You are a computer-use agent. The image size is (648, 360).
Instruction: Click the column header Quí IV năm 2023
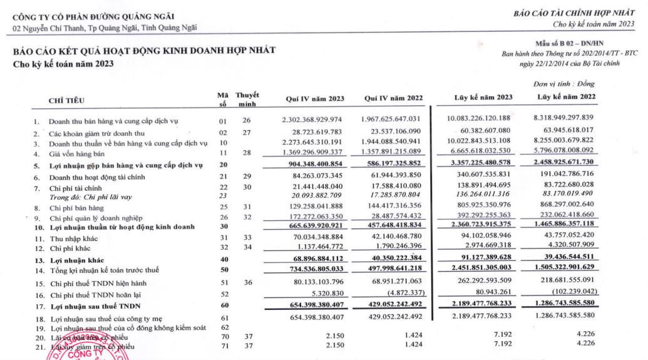pyautogui.click(x=314, y=99)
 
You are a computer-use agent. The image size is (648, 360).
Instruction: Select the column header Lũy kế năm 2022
pyautogui.click(x=566, y=97)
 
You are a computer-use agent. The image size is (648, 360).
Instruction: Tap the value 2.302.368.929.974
pyautogui.click(x=312, y=119)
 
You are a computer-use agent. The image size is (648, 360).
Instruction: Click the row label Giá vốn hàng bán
pyautogui.click(x=77, y=153)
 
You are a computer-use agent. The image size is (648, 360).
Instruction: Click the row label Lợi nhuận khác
pyautogui.click(x=78, y=260)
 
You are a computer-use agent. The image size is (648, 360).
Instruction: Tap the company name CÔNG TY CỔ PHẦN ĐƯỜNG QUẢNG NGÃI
pyautogui.click(x=94, y=16)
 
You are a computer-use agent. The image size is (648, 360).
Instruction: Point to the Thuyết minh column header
pyautogui.click(x=247, y=99)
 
